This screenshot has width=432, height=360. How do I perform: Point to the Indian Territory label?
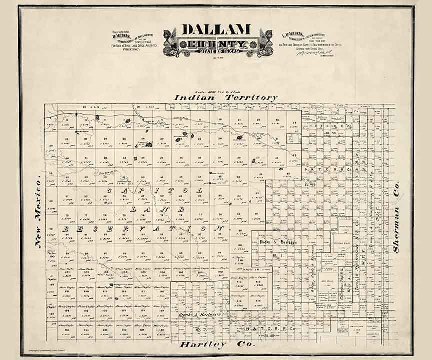tap(225, 98)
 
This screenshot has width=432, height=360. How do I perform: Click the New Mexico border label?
tap(38, 213)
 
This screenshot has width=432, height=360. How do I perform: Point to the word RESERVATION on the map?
tap(142, 228)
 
